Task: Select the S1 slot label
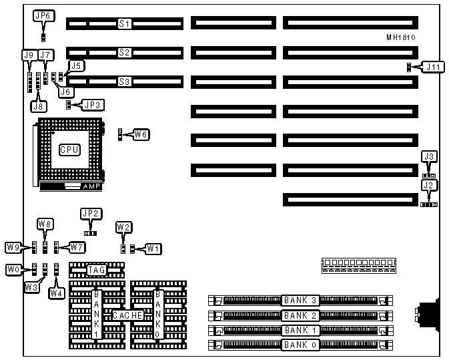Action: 124,24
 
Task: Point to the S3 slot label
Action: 124,82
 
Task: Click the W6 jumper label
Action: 140,135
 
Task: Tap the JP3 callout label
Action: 91,104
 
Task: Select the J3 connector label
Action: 430,156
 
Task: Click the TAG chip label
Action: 97,270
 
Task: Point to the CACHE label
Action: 125,315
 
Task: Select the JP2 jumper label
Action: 89,214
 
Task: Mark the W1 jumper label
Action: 153,249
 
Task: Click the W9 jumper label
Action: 13,248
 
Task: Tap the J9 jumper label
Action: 29,55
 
